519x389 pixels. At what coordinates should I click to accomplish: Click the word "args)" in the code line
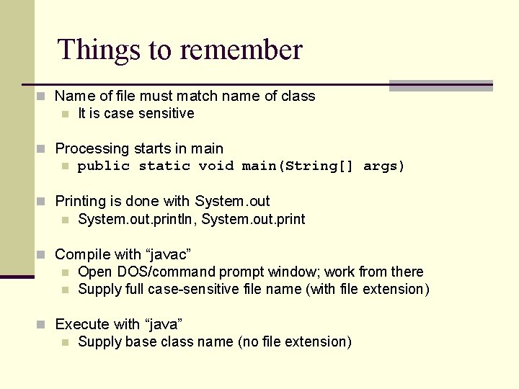384,166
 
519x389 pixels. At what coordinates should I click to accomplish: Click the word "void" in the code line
216,166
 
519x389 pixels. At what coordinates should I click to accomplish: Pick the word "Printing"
81,201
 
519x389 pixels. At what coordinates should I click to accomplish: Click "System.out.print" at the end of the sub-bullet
253,219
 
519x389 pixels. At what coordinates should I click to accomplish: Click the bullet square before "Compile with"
43,254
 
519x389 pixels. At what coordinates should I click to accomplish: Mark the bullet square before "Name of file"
43,96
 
